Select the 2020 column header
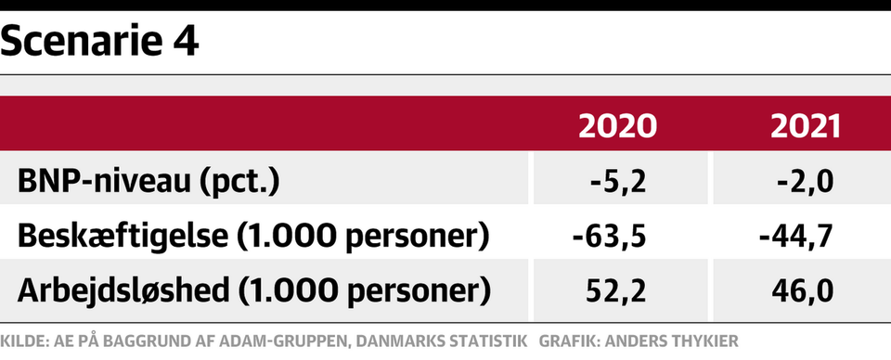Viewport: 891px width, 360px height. pyautogui.click(x=617, y=126)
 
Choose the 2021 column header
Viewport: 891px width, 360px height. pyautogui.click(x=805, y=126)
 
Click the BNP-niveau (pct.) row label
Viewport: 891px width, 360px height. pyautogui.click(x=148, y=182)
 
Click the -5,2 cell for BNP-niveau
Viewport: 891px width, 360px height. pyautogui.click(x=618, y=182)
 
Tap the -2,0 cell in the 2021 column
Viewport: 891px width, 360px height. pyautogui.click(x=806, y=182)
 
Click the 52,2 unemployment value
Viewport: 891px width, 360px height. pyautogui.click(x=615, y=290)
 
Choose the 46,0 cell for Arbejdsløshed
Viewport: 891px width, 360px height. pyautogui.click(x=803, y=290)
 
